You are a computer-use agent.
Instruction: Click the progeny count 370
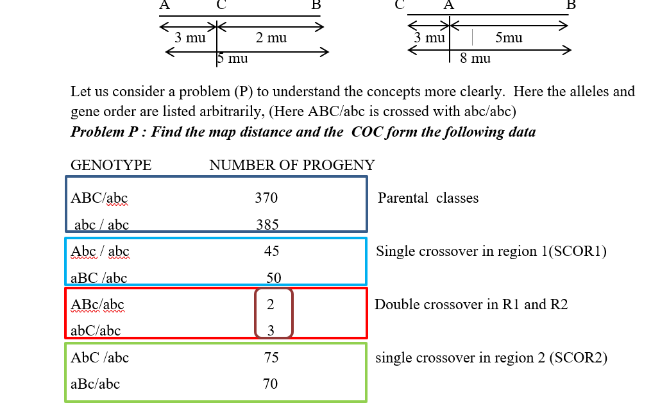click(266, 198)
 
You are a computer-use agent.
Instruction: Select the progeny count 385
click(267, 225)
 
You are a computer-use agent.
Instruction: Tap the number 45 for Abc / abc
click(271, 251)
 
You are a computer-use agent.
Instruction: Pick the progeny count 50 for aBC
click(274, 278)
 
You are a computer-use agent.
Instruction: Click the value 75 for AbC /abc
click(271, 357)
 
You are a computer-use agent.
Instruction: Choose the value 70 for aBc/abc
click(270, 384)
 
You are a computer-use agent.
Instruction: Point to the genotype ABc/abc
click(97, 305)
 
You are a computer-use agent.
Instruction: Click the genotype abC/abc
click(96, 331)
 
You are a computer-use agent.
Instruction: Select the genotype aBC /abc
click(99, 278)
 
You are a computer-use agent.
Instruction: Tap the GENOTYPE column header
click(111, 165)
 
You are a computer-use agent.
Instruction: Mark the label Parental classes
click(428, 198)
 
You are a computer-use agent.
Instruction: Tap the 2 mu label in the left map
click(271, 37)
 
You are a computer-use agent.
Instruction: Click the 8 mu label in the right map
click(475, 58)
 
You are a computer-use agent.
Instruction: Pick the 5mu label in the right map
click(509, 37)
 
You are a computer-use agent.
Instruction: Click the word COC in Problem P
click(367, 132)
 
